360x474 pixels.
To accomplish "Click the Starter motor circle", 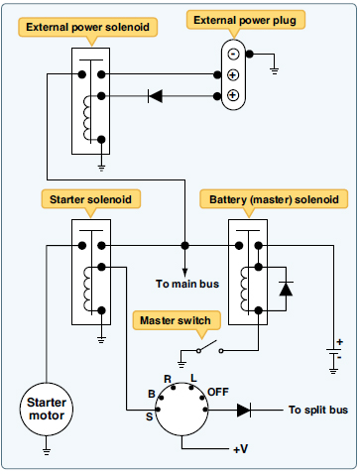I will (47, 409).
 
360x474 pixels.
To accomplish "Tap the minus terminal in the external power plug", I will (232, 55).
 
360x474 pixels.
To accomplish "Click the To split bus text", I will (317, 409).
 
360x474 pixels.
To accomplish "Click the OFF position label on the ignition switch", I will (218, 392).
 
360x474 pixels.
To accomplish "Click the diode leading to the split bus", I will (244, 409).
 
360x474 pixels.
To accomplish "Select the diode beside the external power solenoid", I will (155, 96).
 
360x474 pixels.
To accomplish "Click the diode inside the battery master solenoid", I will (286, 290).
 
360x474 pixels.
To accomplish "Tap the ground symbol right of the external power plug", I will (273, 70).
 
